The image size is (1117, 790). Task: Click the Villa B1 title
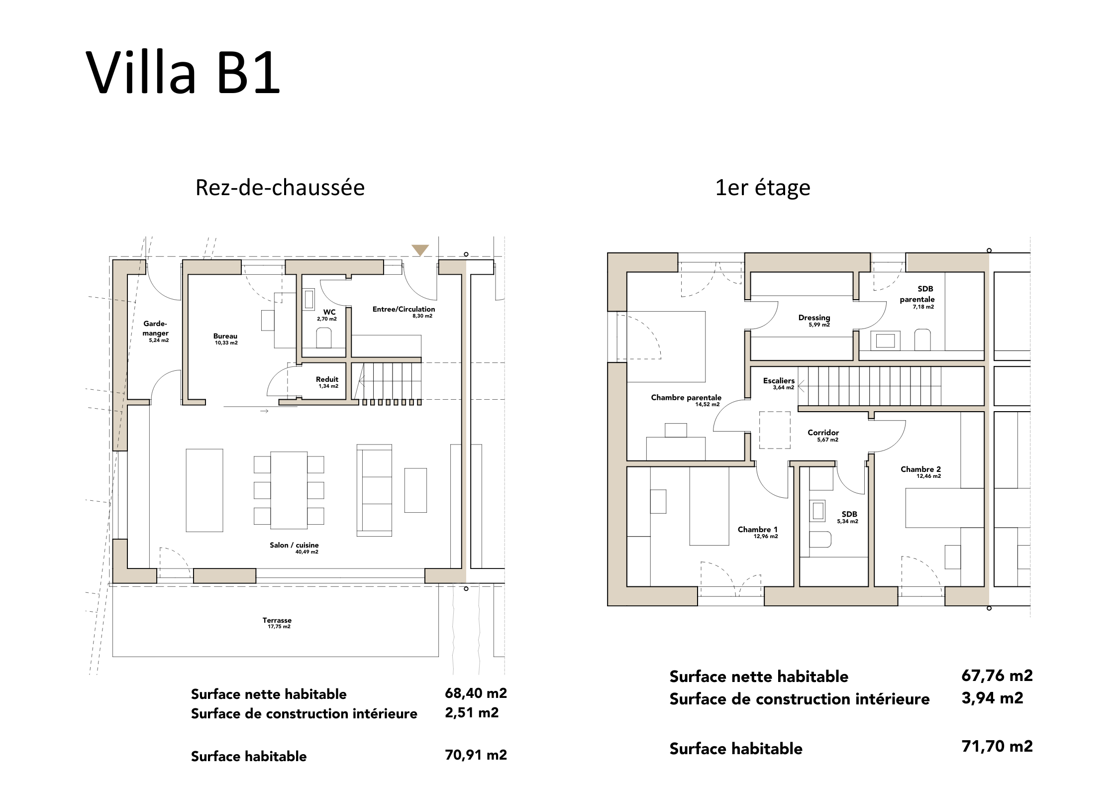point(183,72)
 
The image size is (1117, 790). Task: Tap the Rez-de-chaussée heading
point(280,188)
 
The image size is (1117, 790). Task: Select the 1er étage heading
point(763,188)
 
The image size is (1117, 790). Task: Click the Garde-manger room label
point(156,329)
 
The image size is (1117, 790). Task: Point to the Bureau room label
point(225,336)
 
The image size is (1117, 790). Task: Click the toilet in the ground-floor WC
point(324,337)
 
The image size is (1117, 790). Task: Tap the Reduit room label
point(327,379)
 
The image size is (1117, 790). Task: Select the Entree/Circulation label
point(404,309)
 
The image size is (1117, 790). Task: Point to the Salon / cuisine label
point(294,545)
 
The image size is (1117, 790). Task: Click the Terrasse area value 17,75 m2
point(279,627)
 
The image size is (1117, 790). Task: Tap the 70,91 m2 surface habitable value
point(476,755)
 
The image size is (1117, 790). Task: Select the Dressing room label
point(814,318)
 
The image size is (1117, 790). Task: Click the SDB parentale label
point(917,294)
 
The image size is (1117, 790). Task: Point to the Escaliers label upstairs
point(779,381)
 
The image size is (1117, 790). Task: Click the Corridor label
point(823,433)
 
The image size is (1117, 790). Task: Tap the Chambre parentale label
point(686,397)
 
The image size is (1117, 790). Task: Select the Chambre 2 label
point(920,469)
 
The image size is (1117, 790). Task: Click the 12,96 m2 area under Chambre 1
point(766,537)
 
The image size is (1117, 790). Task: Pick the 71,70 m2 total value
point(997,746)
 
